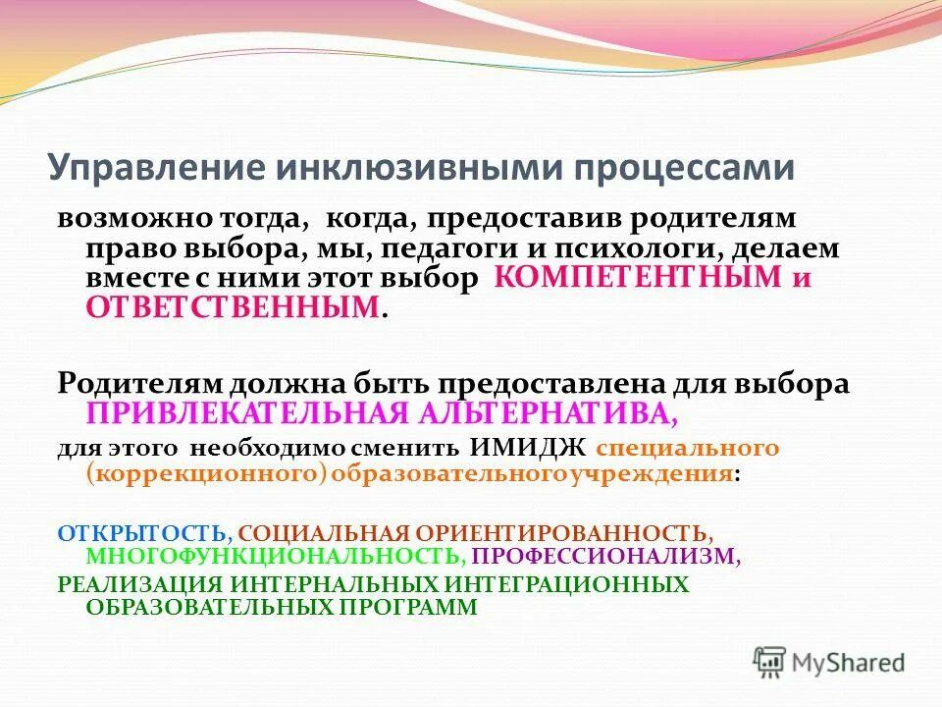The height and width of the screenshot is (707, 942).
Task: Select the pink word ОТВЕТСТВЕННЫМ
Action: (x=233, y=307)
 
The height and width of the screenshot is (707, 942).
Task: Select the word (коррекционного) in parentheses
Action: (x=206, y=474)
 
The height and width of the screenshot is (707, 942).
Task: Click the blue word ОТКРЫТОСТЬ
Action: (x=142, y=533)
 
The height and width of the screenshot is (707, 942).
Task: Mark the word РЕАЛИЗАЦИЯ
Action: (x=138, y=584)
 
